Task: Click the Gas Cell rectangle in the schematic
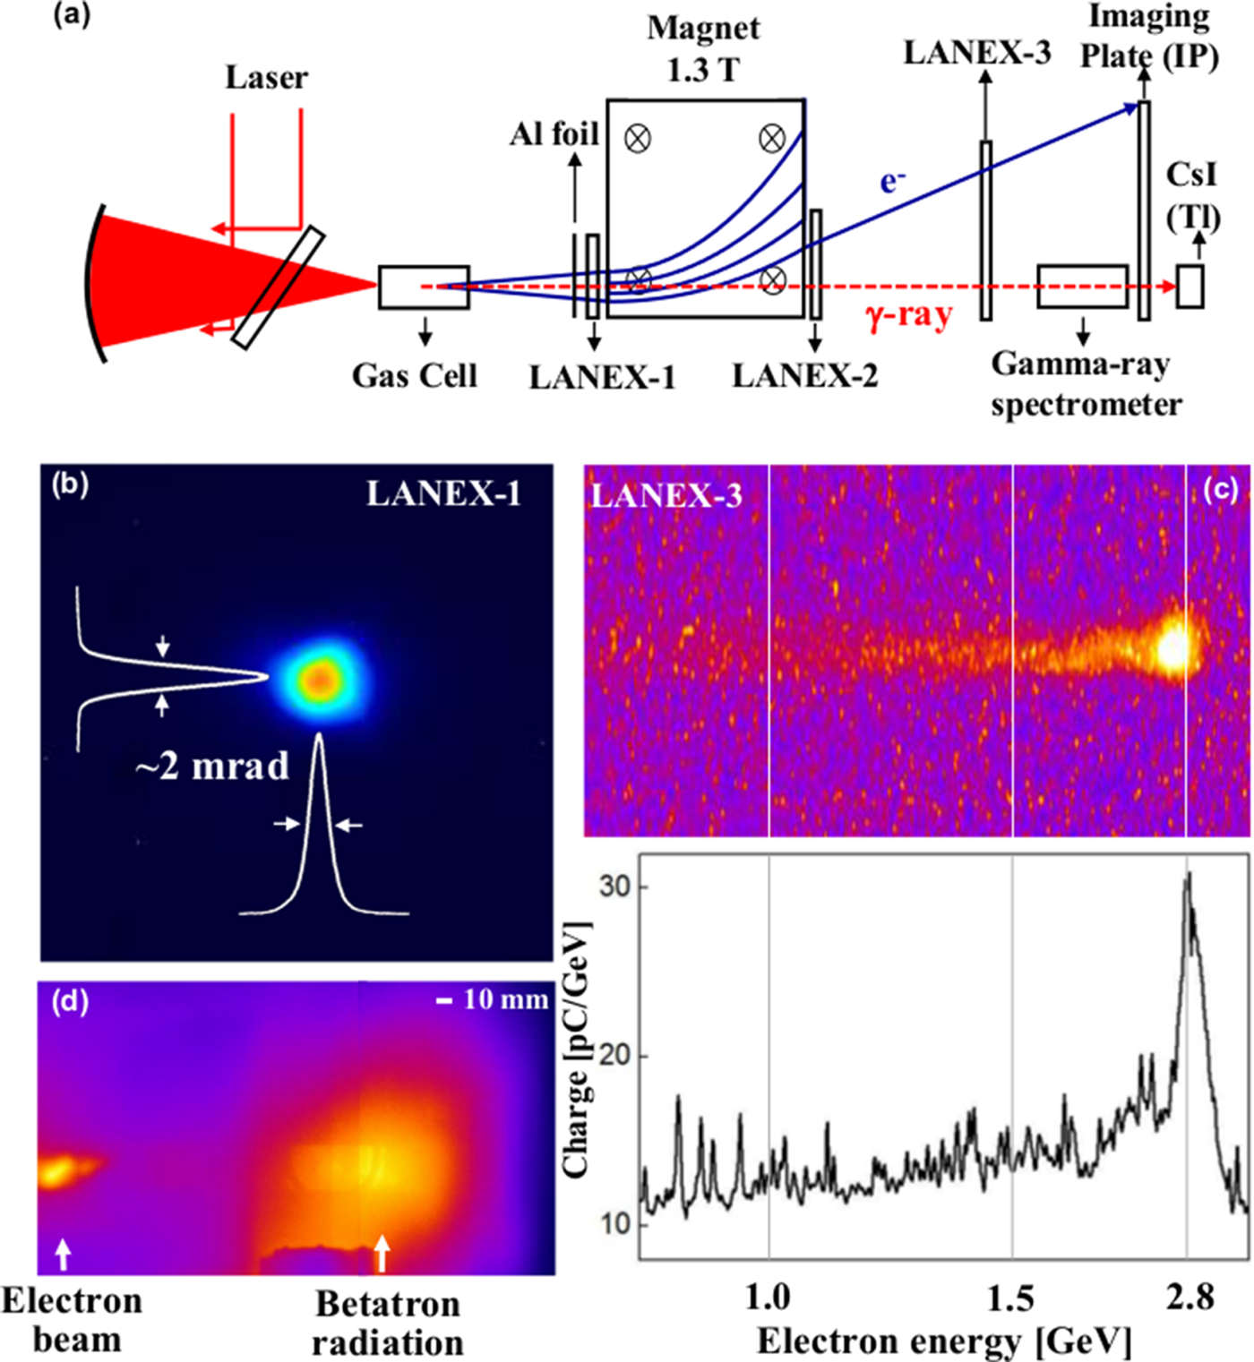coord(424,287)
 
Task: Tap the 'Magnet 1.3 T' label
coord(703,48)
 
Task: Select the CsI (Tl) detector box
coord(1190,287)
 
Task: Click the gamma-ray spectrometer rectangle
coord(1082,287)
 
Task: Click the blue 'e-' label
coord(893,182)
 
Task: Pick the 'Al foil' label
coord(554,134)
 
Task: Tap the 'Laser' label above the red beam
coord(266,78)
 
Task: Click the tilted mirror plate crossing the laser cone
coord(278,287)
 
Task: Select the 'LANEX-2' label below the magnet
coord(804,376)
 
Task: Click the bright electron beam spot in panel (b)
coord(320,681)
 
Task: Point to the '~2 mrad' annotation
coord(213,767)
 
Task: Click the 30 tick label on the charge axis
coord(615,887)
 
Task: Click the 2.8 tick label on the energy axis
coord(1190,1298)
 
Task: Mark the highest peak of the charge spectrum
coord(1188,875)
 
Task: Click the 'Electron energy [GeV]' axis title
coord(944,1341)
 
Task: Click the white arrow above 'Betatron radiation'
coord(382,1253)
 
